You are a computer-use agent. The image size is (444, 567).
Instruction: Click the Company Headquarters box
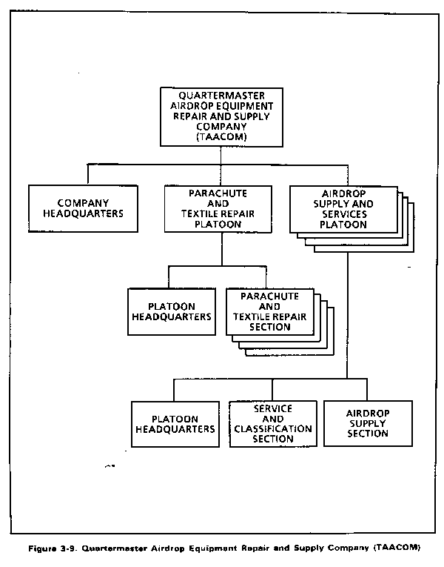click(83, 209)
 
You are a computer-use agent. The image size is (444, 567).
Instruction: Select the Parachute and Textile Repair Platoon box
click(218, 209)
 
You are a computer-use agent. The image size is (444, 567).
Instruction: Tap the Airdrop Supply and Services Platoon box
click(343, 209)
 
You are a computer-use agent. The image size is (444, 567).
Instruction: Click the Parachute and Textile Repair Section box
click(270, 312)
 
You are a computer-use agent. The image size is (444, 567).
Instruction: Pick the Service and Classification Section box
click(273, 424)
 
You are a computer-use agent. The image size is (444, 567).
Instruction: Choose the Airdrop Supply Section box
click(368, 423)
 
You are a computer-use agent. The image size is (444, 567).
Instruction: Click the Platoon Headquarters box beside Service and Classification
click(175, 424)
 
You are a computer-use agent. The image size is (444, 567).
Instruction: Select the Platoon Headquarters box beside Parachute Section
click(172, 312)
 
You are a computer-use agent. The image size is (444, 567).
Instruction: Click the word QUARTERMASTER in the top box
click(222, 96)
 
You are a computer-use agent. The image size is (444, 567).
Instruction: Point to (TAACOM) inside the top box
click(222, 137)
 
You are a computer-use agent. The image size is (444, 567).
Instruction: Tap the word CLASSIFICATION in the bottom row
click(273, 429)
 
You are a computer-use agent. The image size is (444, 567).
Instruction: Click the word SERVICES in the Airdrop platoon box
click(344, 214)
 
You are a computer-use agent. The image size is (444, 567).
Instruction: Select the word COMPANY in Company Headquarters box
click(83, 203)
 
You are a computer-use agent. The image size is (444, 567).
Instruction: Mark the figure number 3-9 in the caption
click(67, 548)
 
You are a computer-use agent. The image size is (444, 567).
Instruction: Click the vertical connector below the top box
click(221, 156)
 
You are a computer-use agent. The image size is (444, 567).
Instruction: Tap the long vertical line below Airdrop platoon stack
click(348, 315)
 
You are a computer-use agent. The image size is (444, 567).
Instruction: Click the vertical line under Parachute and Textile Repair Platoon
click(222, 250)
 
